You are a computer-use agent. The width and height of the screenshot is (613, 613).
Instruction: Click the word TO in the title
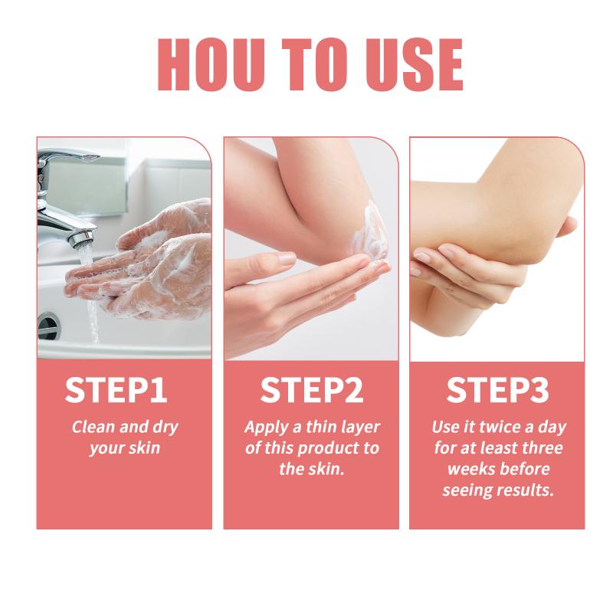click(x=315, y=64)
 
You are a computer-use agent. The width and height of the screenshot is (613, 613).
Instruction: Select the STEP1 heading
click(x=116, y=390)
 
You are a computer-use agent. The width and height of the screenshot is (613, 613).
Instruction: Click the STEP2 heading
click(x=312, y=390)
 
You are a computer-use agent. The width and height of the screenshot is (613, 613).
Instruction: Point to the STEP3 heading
click(x=497, y=390)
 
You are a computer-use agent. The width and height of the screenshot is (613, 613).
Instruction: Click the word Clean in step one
click(x=93, y=427)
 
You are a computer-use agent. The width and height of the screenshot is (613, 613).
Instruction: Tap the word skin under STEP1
click(x=145, y=447)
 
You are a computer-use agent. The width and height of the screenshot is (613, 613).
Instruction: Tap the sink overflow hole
click(x=49, y=325)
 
